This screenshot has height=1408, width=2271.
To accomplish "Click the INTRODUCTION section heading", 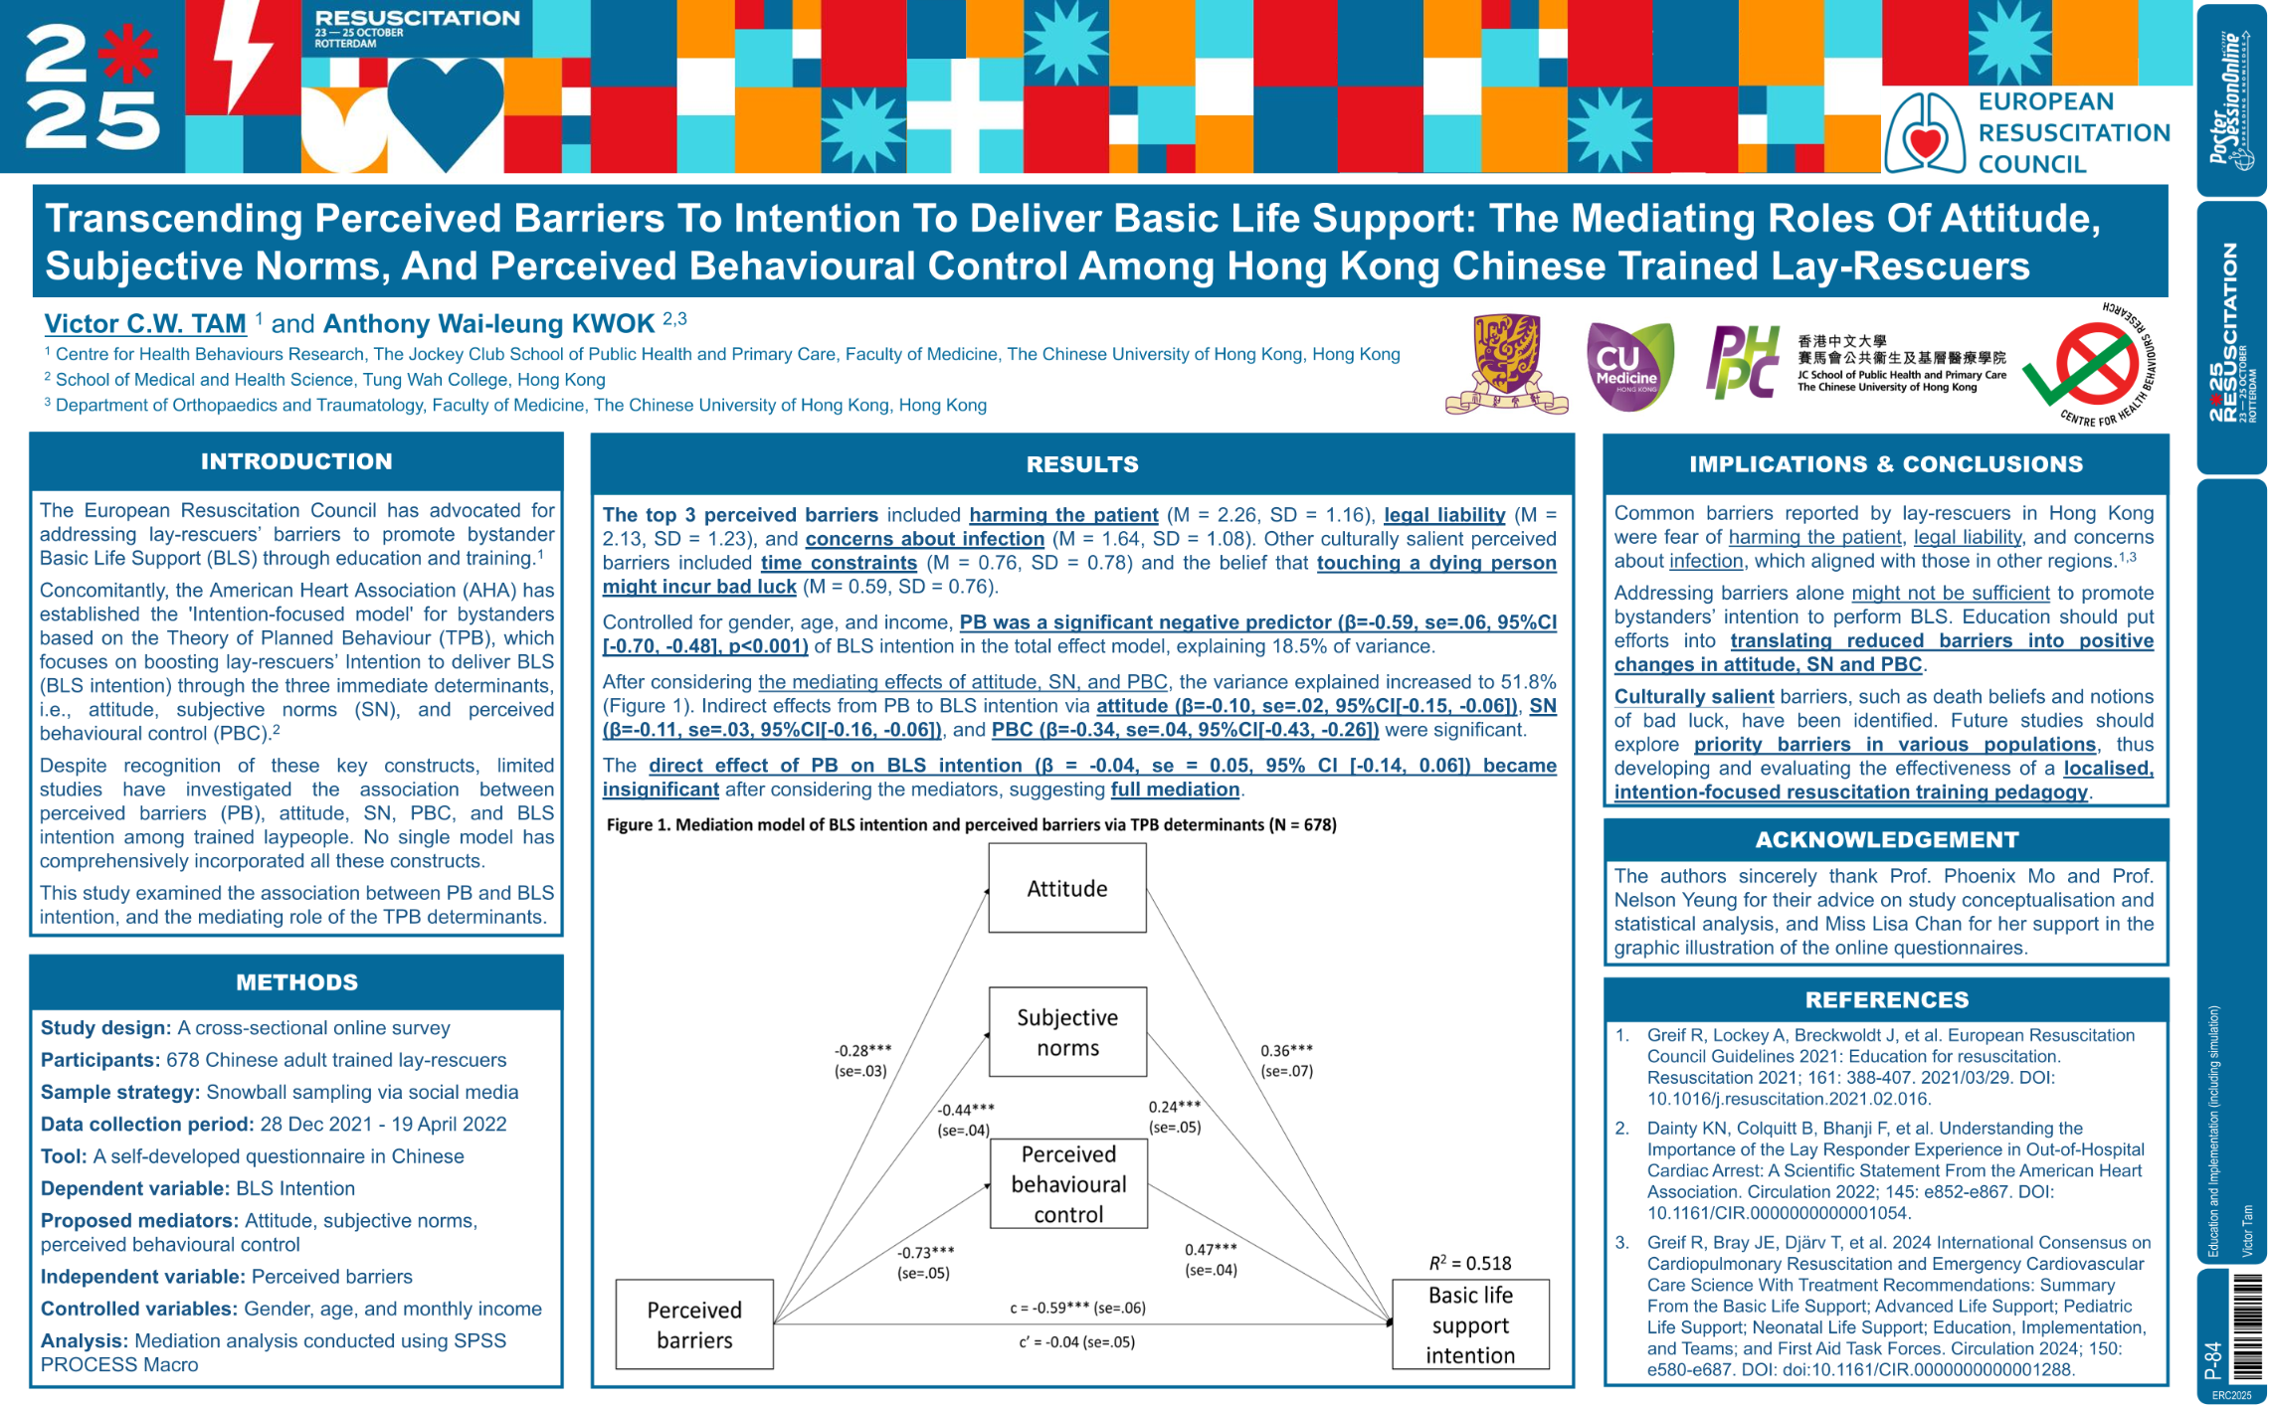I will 296,461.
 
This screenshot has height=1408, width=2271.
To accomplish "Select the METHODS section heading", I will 296,982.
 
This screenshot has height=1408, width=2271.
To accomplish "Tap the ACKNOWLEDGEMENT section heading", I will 1886,840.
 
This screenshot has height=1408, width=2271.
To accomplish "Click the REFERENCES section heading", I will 1886,999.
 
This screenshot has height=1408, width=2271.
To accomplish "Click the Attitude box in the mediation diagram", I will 1066,888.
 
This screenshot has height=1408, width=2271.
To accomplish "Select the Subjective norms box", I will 1066,1032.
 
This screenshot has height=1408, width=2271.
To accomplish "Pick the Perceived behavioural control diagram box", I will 1068,1183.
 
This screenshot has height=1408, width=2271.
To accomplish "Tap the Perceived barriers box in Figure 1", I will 694,1324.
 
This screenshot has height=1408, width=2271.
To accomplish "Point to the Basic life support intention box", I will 1470,1324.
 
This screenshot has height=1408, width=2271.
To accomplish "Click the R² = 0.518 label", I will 1469,1263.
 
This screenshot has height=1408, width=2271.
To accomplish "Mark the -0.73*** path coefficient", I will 925,1253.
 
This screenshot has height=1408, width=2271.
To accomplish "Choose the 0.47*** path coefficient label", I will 1211,1250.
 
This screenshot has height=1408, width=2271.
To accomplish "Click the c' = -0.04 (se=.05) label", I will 1076,1342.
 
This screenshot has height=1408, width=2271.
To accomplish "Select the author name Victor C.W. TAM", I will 145,324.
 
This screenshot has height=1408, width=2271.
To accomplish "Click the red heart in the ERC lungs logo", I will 1925,142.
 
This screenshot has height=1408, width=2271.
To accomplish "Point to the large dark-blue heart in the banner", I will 445,107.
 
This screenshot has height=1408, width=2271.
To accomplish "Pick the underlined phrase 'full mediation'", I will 1175,790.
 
